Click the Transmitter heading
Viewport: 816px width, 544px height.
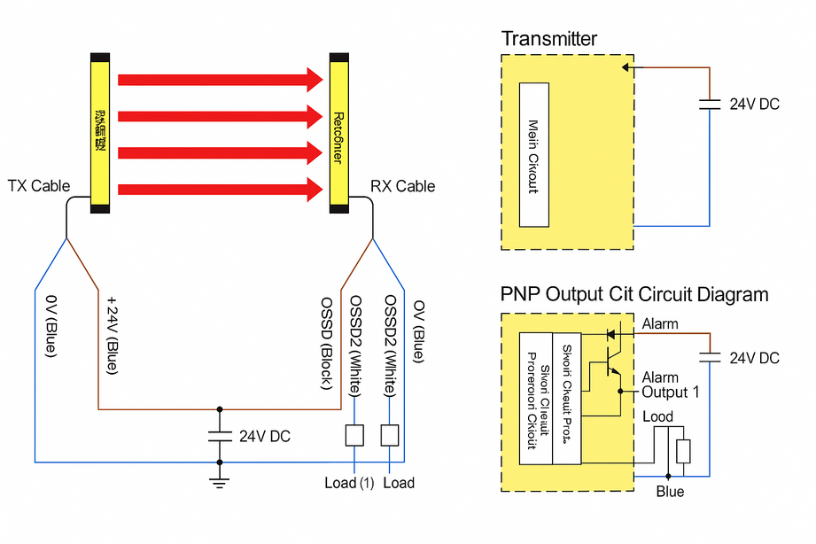click(548, 39)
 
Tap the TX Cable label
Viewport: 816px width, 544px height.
click(38, 186)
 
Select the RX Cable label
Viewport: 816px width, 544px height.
click(402, 186)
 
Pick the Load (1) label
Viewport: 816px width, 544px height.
click(347, 483)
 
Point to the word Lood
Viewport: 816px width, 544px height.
click(657, 416)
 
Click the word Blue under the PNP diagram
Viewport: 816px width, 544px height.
click(670, 492)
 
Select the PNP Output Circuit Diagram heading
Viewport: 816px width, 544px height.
click(634, 294)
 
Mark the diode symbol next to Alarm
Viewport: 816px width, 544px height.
click(610, 335)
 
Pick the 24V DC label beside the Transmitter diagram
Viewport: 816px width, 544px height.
click(754, 105)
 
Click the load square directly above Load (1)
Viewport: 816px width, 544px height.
click(354, 435)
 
